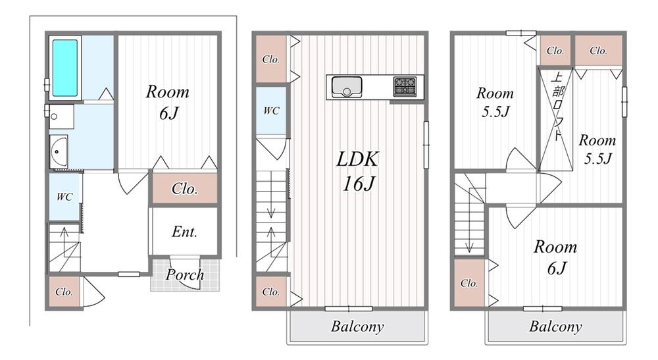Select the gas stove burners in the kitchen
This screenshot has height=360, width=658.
pyautogui.click(x=404, y=86)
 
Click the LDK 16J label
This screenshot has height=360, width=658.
pyautogui.click(x=359, y=171)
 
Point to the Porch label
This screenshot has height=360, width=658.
pyautogui.click(x=184, y=274)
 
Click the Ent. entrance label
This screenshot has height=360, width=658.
pyautogui.click(x=185, y=232)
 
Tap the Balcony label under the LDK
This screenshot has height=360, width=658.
pyautogui.click(x=357, y=326)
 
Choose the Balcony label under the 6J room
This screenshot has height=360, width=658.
pyautogui.click(x=555, y=326)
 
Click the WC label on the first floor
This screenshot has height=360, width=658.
pyautogui.click(x=64, y=196)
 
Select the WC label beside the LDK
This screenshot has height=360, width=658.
pyautogui.click(x=271, y=111)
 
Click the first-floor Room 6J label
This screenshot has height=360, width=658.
pyautogui.click(x=167, y=102)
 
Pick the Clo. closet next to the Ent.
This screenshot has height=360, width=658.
pyautogui.click(x=185, y=189)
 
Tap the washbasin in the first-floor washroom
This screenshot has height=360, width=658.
pyautogui.click(x=59, y=152)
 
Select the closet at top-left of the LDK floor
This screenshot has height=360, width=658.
pyautogui.click(x=271, y=59)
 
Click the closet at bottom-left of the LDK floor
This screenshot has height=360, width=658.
pyautogui.click(x=271, y=292)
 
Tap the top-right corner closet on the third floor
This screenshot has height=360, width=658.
pyautogui.click(x=598, y=50)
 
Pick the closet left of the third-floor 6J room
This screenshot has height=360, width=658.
pyautogui.click(x=469, y=284)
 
